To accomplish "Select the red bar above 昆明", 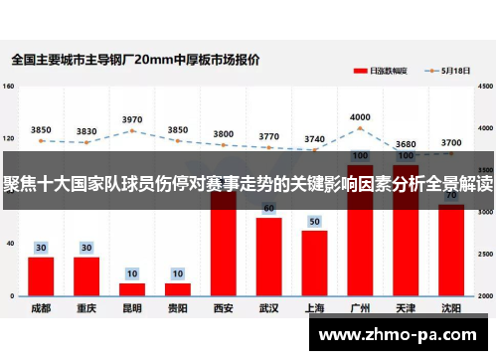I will [132, 289].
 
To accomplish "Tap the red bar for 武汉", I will [268, 257].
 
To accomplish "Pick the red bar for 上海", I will [314, 263].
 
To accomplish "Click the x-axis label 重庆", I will [86, 309].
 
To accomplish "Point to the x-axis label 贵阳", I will [178, 309].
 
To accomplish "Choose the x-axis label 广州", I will [360, 309].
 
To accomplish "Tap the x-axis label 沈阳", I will [450, 309].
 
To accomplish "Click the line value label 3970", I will [132, 119].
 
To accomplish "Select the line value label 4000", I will [360, 117].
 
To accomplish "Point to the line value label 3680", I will [406, 144].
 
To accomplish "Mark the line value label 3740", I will [314, 139].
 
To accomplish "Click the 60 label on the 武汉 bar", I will [268, 209].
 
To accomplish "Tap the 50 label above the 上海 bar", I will [314, 221].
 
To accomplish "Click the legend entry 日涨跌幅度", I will [382, 72].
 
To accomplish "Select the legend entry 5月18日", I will [452, 72].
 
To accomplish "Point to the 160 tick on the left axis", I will [9, 87].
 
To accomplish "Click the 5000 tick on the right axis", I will [484, 87].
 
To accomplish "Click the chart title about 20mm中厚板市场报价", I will [136, 60].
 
